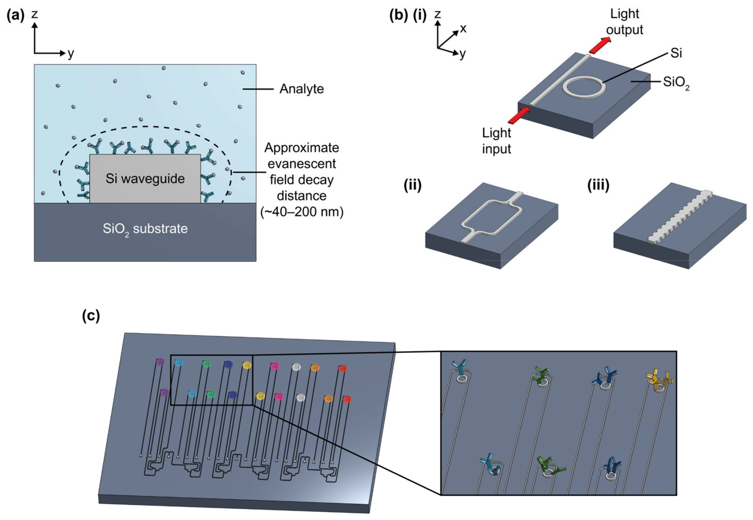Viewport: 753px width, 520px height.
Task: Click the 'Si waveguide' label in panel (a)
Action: tap(145, 179)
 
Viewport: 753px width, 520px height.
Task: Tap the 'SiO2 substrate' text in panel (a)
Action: tap(145, 229)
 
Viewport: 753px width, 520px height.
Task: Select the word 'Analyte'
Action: tap(301, 89)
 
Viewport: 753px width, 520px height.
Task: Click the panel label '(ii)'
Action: tap(412, 185)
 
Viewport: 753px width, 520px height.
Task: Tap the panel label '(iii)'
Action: tap(598, 185)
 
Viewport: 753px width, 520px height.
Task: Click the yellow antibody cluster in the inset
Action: tap(659, 380)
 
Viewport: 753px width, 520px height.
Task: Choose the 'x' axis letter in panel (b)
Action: tap(463, 29)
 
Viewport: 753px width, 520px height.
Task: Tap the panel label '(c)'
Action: tap(91, 315)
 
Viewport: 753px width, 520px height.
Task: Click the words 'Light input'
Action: tap(497, 141)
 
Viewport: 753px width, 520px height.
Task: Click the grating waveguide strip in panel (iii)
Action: tap(680, 217)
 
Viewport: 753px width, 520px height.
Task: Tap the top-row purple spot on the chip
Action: tap(160, 362)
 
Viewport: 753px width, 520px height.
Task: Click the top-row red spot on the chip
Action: tap(342, 369)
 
